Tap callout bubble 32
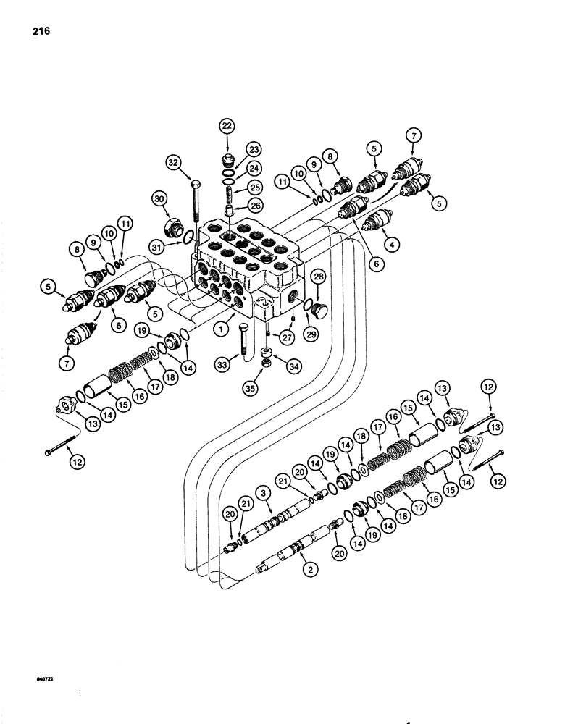point(173,164)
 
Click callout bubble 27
point(285,336)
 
